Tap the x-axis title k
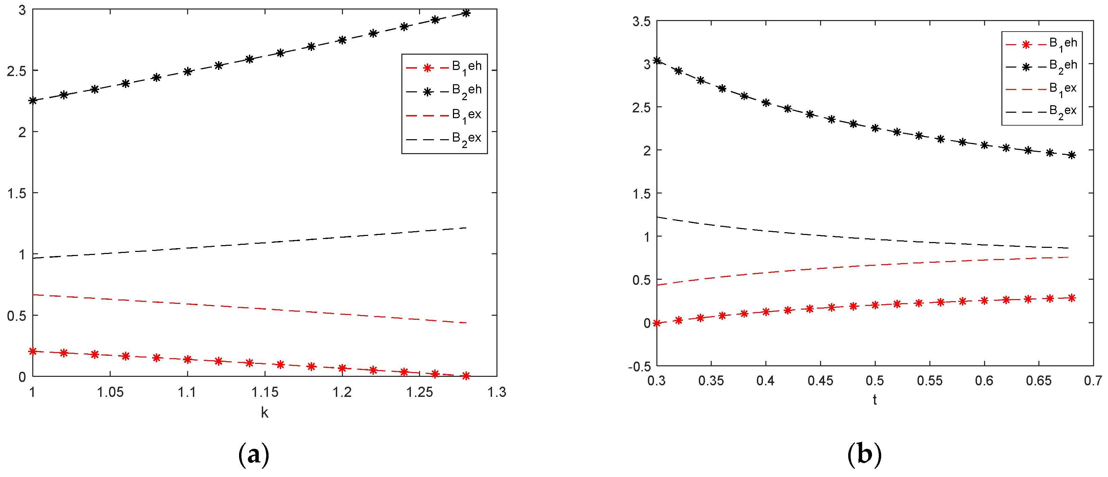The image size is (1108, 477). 265,413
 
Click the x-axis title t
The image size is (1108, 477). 874,400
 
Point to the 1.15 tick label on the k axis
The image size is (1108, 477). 265,392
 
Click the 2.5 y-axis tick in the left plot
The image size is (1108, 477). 16,71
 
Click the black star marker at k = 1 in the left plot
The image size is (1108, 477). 33,100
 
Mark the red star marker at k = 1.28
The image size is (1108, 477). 466,376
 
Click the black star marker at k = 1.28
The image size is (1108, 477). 466,13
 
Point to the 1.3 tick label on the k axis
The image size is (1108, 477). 497,392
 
